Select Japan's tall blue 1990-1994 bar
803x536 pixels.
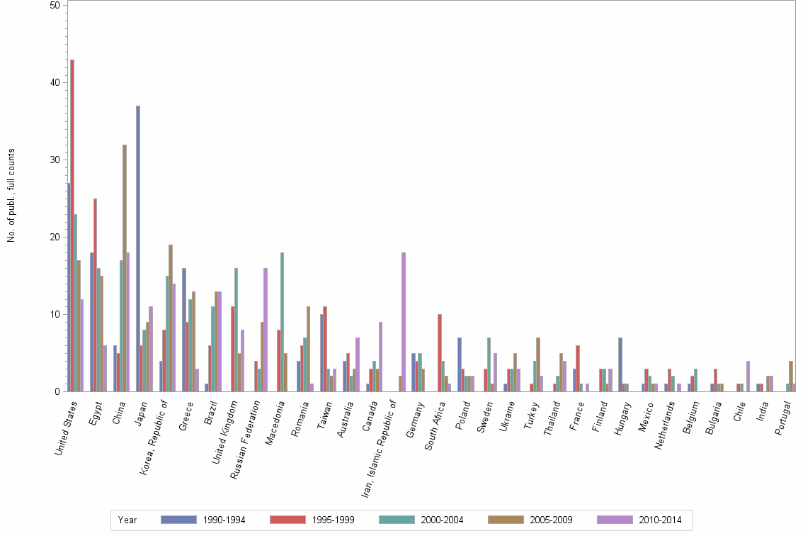pyautogui.click(x=138, y=248)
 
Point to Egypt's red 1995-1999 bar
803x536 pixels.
pyautogui.click(x=96, y=295)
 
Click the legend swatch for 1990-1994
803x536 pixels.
pyautogui.click(x=178, y=520)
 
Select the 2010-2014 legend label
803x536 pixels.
pyautogui.click(x=659, y=520)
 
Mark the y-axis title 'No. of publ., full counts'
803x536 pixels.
pyautogui.click(x=11, y=196)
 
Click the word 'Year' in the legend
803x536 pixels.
pyautogui.click(x=127, y=520)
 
